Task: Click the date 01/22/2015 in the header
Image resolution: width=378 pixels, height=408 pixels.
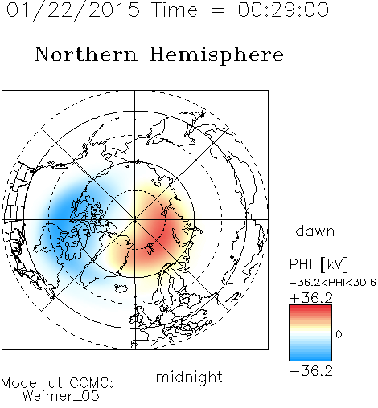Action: coord(73,10)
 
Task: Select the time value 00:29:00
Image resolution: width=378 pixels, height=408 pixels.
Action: coord(283,10)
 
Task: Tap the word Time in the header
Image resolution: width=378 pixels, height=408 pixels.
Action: coord(175,10)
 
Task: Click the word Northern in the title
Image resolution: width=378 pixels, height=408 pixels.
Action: coord(86,55)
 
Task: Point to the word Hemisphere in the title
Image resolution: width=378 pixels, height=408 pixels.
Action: coord(216,55)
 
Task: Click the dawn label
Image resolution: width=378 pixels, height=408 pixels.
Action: coord(315,231)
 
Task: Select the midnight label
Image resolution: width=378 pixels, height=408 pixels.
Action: coord(189,377)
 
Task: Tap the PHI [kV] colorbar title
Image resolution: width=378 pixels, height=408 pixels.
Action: coord(318,264)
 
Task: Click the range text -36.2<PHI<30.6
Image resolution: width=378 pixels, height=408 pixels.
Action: coord(333,283)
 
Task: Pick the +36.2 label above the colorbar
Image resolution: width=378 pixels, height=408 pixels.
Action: coord(311,298)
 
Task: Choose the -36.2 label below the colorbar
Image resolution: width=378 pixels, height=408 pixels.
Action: coord(311,371)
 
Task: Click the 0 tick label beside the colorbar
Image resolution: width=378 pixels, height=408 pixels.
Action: coord(339,334)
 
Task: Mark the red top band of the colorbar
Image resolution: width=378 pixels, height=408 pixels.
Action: coord(310,308)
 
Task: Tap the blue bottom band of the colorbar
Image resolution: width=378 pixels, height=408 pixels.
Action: coord(310,357)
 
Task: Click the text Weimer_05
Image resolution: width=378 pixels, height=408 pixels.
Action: coord(61,396)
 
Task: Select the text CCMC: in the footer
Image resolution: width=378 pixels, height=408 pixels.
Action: coord(92,383)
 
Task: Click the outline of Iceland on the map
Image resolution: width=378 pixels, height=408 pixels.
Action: coord(121,288)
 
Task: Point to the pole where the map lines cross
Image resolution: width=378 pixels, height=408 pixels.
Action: coord(135,220)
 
